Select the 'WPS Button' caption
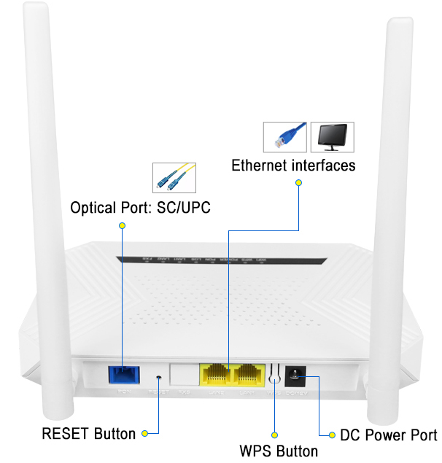pos(279,451)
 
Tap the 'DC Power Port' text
pos(389,435)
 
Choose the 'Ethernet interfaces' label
pos(293,166)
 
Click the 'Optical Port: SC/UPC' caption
pos(140,208)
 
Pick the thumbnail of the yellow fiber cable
pos(174,177)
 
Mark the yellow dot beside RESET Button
pos(145,434)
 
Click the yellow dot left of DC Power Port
pos(333,435)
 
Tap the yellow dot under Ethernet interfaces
pos(298,184)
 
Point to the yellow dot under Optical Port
pos(122,226)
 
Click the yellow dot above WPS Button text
pos(276,435)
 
